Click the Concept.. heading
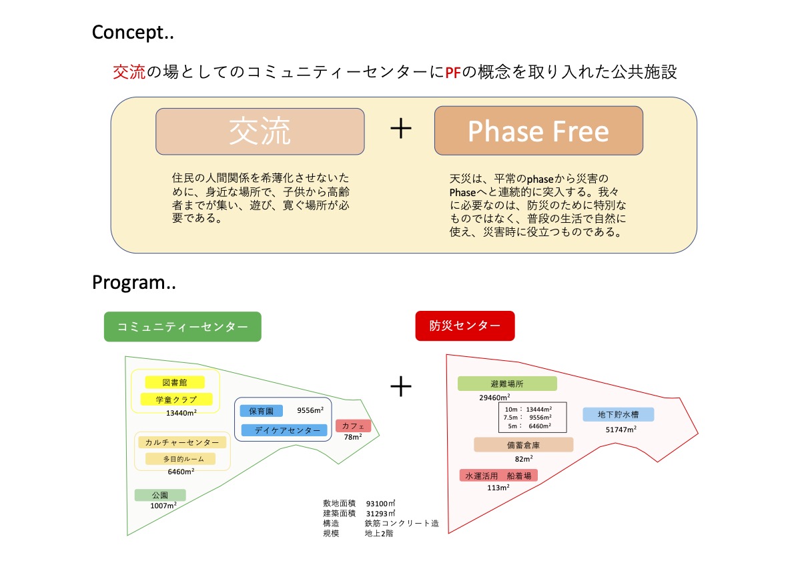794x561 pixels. pos(133,32)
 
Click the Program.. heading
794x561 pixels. pos(133,282)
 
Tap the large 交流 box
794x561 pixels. pos(260,131)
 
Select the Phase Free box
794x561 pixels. pos(538,131)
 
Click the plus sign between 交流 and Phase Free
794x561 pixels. pos(400,129)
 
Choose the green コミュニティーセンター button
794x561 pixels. pos(182,327)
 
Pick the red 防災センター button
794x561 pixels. pos(464,326)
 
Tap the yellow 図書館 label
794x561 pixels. pos(175,382)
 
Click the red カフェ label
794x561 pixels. pos(353,426)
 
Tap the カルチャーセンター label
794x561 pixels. pos(182,442)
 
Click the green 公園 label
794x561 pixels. pos(160,495)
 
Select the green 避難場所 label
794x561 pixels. pos(507,384)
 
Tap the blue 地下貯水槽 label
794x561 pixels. pos(618,414)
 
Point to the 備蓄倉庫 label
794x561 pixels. pos(524,444)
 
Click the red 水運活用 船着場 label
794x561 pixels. pos(498,476)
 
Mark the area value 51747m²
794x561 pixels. pos(621,430)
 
